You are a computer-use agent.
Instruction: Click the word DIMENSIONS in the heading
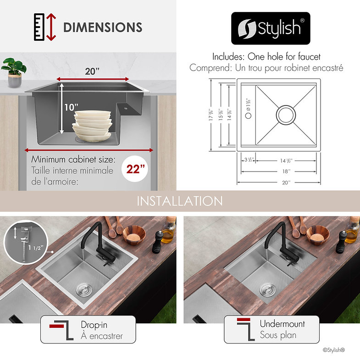coord(103,27)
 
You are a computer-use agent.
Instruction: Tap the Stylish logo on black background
coord(271,28)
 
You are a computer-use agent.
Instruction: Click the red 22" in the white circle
coord(135,169)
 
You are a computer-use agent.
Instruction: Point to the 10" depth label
coord(71,107)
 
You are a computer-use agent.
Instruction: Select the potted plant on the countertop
coord(14,72)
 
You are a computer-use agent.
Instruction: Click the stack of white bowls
coord(92,126)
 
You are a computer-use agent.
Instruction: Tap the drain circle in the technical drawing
coord(286,115)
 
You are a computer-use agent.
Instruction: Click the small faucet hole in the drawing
coord(248,116)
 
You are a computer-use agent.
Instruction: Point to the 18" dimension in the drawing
coord(286,171)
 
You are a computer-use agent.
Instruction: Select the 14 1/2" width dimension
coord(286,161)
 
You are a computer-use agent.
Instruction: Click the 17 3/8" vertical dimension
coord(211,115)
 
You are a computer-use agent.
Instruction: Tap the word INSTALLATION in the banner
coord(179,201)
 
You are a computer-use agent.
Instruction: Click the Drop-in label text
coord(94,325)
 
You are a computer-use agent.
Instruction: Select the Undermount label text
coord(282,323)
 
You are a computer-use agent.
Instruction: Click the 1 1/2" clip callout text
coord(35,247)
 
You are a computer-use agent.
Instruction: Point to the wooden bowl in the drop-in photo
coord(134,235)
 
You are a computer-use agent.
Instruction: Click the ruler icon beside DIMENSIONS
coord(39,27)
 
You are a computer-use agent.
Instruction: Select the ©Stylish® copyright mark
coord(334,350)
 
